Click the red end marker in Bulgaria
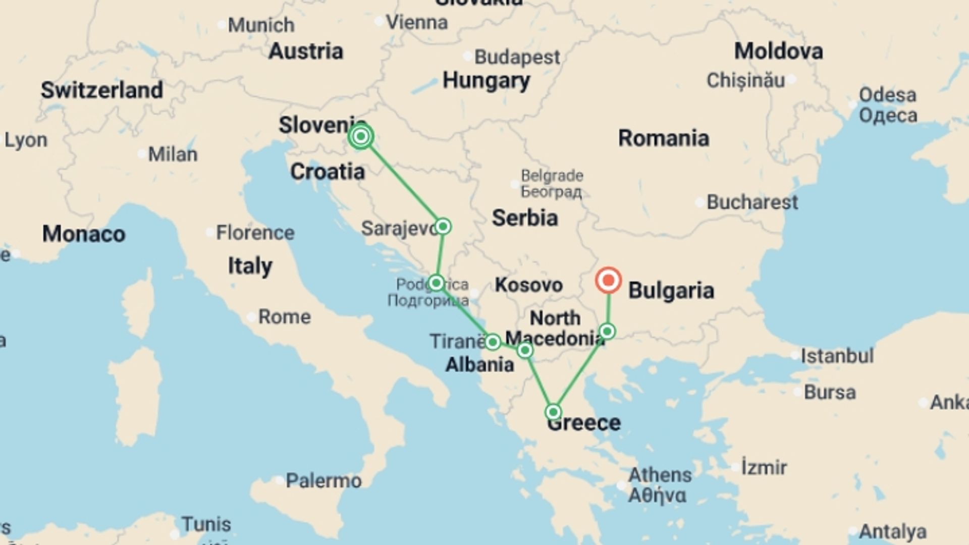608,280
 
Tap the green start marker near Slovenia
361,136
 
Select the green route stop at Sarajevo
443,226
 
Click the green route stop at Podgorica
436,283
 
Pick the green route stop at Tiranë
493,342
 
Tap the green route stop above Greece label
553,412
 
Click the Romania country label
663,138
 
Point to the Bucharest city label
752,202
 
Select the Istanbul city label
837,356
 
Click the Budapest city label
517,57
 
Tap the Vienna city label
416,22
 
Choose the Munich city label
261,25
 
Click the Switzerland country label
102,90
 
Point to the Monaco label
84,234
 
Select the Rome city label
284,317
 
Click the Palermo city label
324,480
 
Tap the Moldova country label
778,51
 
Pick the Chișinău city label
745,80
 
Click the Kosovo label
528,285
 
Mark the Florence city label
255,233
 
